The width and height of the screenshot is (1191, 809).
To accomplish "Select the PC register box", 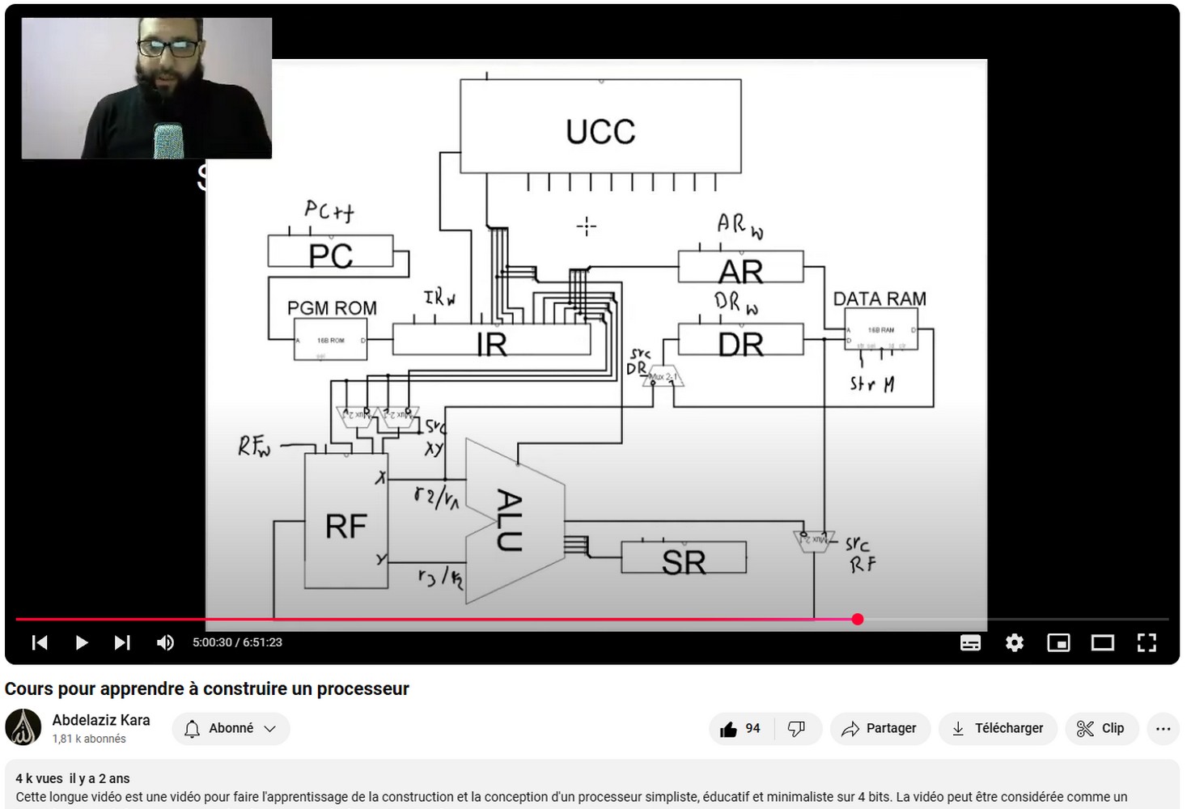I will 330,252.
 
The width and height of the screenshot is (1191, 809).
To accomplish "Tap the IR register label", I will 492,344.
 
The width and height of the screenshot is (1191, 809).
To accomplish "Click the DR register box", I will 740,341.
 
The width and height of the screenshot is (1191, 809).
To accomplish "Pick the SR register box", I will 684,559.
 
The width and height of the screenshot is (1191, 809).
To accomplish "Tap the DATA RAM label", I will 879,299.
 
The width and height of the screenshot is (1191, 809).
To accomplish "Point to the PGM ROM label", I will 332,308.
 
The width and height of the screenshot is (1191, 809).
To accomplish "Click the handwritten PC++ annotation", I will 329,212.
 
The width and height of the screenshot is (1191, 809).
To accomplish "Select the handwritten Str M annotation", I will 872,384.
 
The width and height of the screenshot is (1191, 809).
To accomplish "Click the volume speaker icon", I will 165,642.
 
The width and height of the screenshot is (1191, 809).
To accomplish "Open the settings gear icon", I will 1015,642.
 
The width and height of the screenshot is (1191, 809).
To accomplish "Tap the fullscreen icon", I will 1146,642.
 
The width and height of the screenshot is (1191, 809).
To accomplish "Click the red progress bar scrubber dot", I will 858,619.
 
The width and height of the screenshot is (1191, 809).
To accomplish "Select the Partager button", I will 879,728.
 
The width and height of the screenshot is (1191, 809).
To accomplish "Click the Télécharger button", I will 998,728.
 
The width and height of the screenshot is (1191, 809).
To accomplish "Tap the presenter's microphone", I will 169,141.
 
